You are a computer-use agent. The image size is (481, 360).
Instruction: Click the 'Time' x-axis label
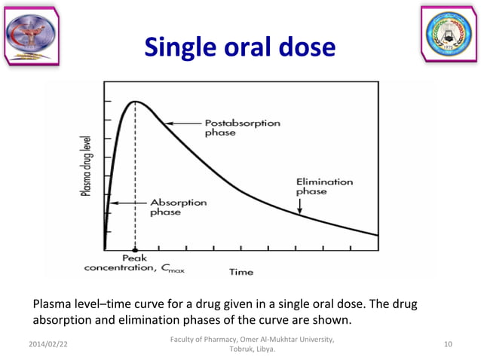[x=240, y=271]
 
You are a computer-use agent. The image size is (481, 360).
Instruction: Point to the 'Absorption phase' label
[x=176, y=207]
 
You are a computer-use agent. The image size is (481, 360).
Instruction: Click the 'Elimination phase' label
[x=324, y=186]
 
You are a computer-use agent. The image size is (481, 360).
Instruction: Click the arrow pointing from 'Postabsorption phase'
[x=183, y=123]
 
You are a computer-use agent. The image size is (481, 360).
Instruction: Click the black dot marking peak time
[x=135, y=249]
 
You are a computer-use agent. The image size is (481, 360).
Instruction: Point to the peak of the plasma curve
[x=135, y=102]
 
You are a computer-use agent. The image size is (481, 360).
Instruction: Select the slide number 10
[x=449, y=345]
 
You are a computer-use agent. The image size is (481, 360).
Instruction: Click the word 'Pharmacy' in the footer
[x=216, y=340]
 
